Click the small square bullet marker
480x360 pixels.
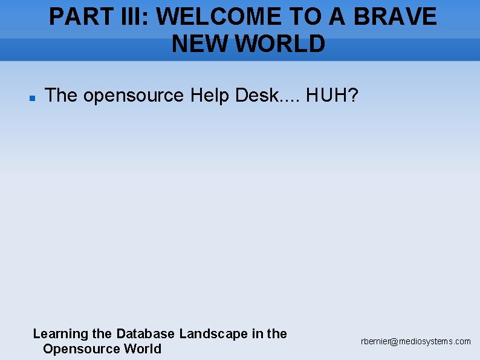[x=33, y=97]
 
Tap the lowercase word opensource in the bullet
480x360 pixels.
[x=134, y=95]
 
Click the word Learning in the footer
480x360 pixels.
[x=60, y=333]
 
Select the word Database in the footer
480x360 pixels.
[x=146, y=333]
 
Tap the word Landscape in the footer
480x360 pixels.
[x=213, y=333]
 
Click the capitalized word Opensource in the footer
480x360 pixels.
[x=82, y=349]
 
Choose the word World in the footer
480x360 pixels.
[x=143, y=349]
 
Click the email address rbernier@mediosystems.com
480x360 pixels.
[x=416, y=342]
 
